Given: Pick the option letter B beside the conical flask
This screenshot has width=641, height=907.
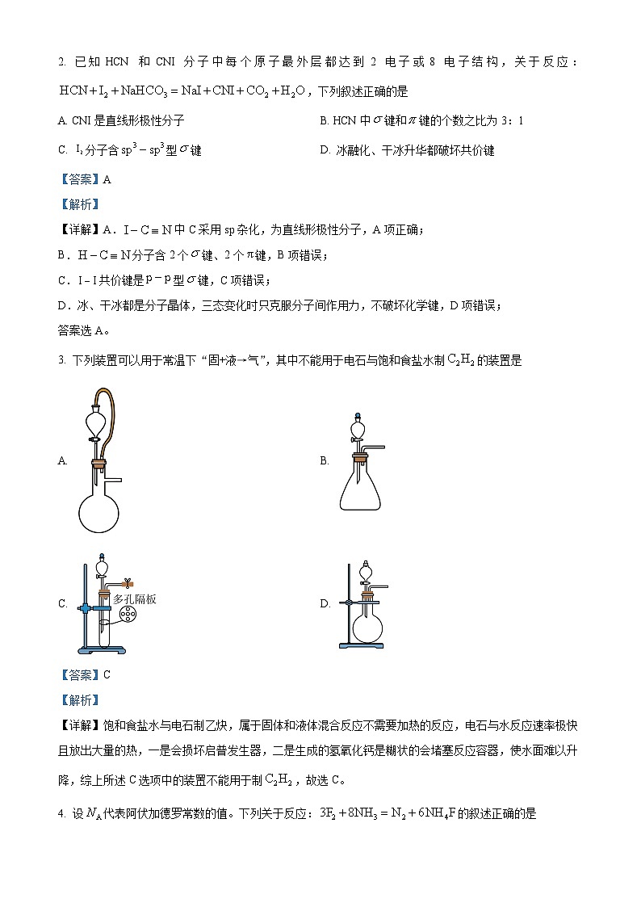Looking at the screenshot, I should coord(325,461).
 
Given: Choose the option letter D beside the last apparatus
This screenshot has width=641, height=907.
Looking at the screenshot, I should coord(325,604).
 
